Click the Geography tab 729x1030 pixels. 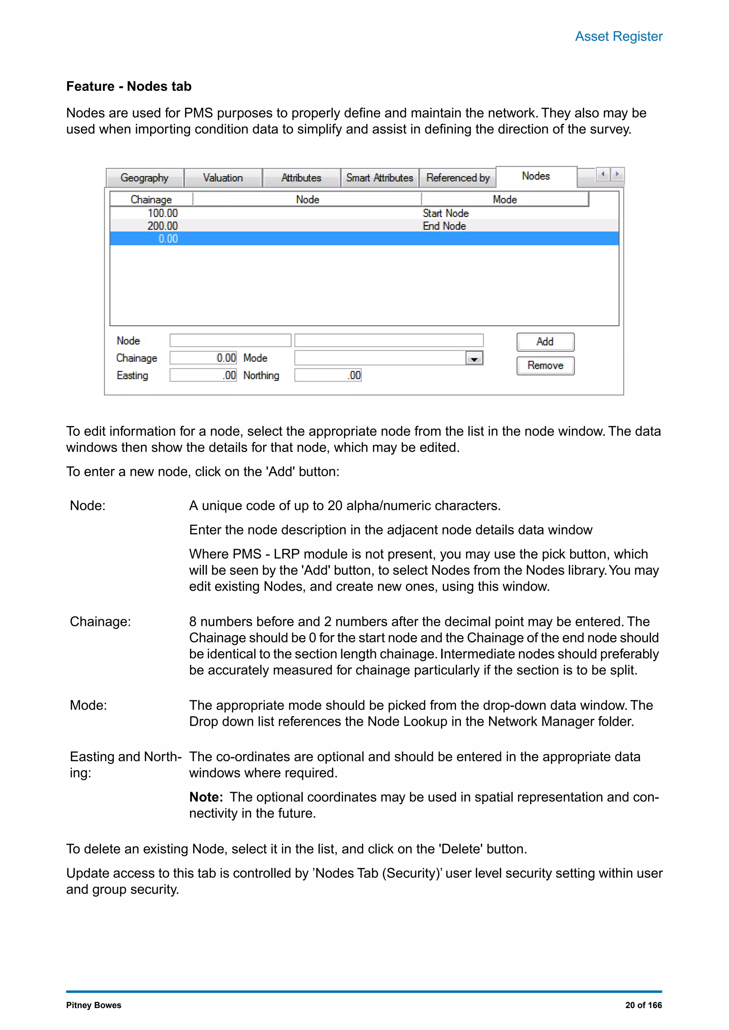[145, 178]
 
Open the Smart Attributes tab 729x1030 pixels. [379, 178]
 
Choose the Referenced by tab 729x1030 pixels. [458, 178]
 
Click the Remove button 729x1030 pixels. [545, 366]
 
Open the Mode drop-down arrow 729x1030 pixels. [474, 359]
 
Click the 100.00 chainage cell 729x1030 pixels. [163, 213]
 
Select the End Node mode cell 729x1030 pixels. [444, 226]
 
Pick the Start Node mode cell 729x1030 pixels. [445, 213]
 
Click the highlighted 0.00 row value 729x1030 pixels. [168, 239]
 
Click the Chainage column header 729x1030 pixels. [151, 200]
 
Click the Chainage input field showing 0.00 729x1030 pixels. [203, 358]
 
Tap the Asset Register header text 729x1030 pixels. [619, 36]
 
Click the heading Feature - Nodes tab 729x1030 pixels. [129, 86]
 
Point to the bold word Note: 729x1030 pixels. [206, 797]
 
